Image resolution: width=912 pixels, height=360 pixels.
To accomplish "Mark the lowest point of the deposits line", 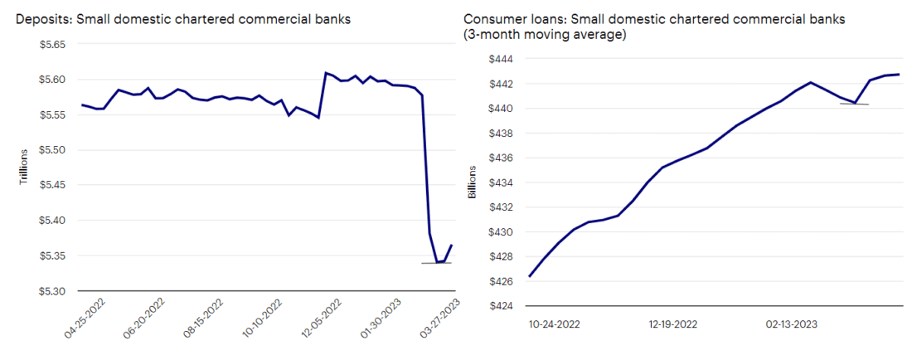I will [x=437, y=262].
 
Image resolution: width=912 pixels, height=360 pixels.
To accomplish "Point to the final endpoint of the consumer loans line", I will [x=900, y=75].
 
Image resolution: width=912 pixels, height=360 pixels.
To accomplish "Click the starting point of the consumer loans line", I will [x=529, y=276].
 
